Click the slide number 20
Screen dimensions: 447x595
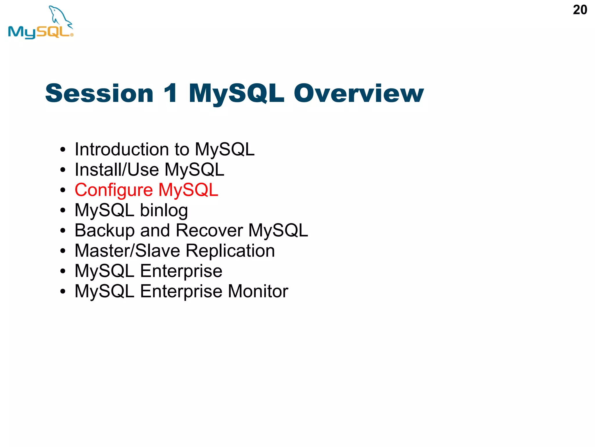coord(580,10)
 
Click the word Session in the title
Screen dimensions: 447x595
coord(99,93)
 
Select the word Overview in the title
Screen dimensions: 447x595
coord(359,93)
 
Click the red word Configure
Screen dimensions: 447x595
coord(114,190)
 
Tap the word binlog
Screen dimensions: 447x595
coord(164,210)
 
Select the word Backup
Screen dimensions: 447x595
coord(105,230)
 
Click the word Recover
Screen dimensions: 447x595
coord(209,230)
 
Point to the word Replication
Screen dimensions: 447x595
coord(230,251)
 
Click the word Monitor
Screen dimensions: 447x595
coord(258,291)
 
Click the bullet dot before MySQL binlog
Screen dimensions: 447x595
coord(63,211)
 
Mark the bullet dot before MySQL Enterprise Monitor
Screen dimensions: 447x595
coord(63,292)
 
